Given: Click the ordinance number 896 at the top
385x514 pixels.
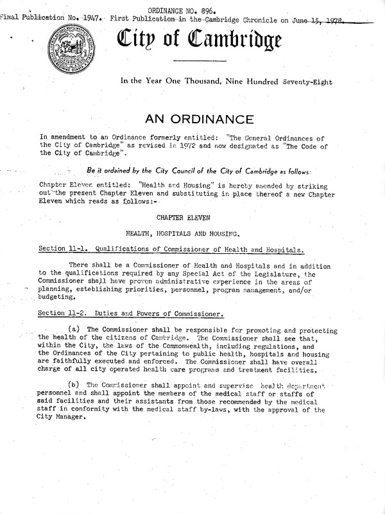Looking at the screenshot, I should (x=210, y=10).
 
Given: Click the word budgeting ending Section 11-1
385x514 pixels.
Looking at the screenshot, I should (x=56, y=299).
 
